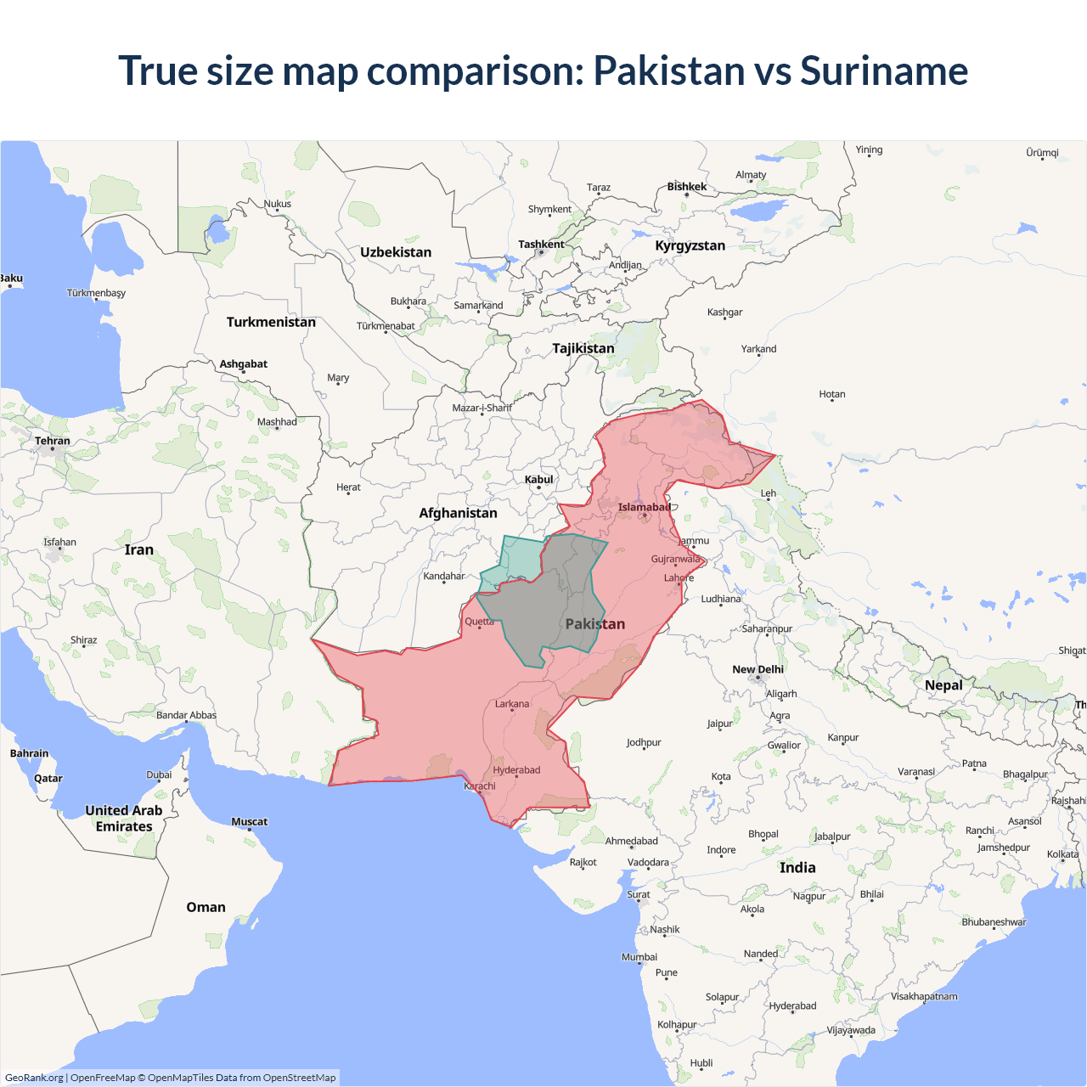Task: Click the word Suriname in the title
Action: click(883, 70)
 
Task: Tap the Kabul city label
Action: click(538, 480)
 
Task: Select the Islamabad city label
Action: click(644, 508)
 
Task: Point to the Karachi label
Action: click(480, 786)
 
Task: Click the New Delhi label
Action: click(758, 669)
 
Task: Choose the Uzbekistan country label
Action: click(396, 252)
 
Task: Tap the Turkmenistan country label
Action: click(271, 322)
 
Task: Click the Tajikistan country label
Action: click(583, 348)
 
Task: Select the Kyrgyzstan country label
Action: click(690, 245)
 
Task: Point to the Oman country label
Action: click(206, 907)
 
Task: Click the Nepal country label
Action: click(943, 685)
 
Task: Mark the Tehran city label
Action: click(53, 441)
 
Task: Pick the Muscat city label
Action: click(249, 821)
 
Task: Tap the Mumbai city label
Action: click(639, 957)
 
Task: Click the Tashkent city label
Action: click(541, 245)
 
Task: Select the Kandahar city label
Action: click(444, 576)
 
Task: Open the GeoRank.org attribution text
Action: click(34, 1078)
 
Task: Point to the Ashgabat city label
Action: click(244, 364)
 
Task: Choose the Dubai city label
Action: click(159, 774)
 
